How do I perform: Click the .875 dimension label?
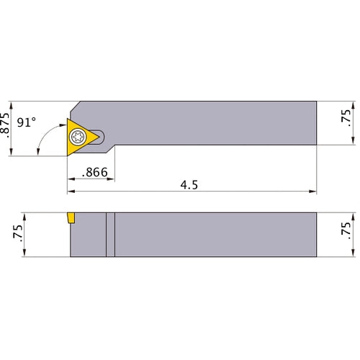[x=7, y=126]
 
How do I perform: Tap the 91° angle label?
[x=27, y=123]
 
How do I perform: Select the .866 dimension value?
[x=91, y=173]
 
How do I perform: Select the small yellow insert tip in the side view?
[x=71, y=217]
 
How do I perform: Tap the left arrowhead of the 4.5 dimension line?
[x=71, y=193]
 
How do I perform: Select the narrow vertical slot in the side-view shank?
[x=110, y=234]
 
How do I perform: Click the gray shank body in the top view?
[x=216, y=123]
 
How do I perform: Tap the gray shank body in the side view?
[x=216, y=234]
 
